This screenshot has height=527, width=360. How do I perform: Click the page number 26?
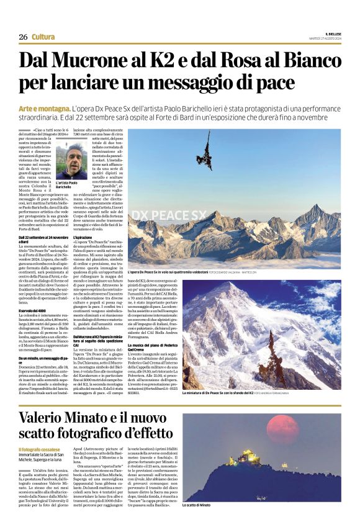click(23, 37)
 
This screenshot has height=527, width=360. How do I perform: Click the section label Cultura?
click(43, 37)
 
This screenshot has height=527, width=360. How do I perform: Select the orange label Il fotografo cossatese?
click(38, 449)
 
